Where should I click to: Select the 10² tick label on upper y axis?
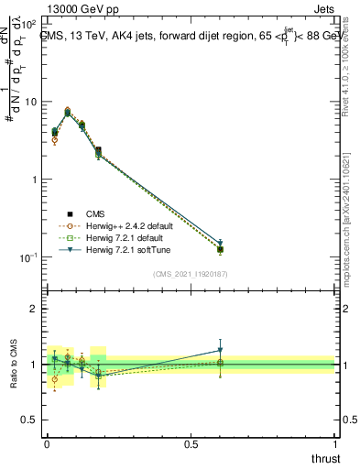pos(27,24)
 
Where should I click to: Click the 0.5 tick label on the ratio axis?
pos(29,420)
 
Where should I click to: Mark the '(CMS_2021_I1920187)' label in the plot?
pos(190,273)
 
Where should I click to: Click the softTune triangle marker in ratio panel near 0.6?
pos(220,350)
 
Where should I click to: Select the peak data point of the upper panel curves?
pos(68,111)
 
